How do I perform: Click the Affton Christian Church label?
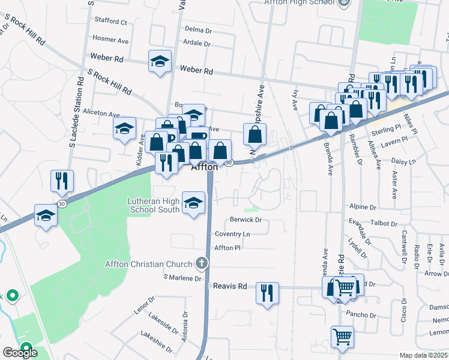(148, 264)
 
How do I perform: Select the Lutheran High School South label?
(154, 205)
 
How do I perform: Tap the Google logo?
(20, 352)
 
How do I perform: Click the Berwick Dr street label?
(246, 220)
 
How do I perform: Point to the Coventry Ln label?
(232, 234)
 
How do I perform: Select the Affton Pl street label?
(228, 247)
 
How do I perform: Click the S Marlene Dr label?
(182, 278)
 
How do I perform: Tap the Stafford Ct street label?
(110, 23)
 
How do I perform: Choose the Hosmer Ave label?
(110, 40)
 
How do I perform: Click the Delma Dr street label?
(199, 29)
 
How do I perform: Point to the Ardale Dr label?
(197, 44)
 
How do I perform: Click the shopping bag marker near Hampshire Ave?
(255, 134)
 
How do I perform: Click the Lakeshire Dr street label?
(156, 341)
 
